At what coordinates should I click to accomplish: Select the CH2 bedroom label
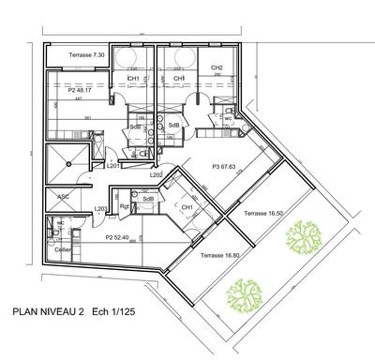pyautogui.click(x=216, y=67)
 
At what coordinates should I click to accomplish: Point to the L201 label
pyautogui.click(x=112, y=165)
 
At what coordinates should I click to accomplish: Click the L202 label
pyautogui.click(x=157, y=173)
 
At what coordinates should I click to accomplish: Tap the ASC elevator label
pyautogui.click(x=64, y=197)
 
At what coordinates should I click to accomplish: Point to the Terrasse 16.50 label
pyautogui.click(x=262, y=215)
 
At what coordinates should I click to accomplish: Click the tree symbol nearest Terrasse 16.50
pyautogui.click(x=303, y=238)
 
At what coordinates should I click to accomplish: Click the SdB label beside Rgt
pyautogui.click(x=147, y=199)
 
